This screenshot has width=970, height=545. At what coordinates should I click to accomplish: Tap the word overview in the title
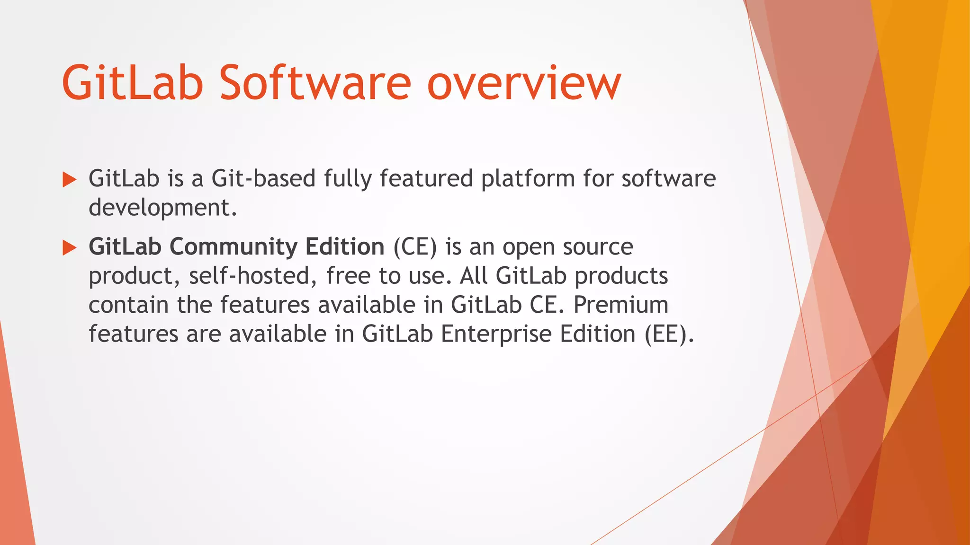point(524,84)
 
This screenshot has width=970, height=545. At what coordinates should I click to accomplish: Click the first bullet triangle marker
point(69,179)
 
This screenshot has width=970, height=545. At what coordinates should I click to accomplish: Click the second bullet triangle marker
point(69,247)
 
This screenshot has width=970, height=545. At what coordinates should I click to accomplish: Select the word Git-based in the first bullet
point(263,179)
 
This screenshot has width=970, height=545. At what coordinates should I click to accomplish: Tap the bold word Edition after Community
point(344,247)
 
